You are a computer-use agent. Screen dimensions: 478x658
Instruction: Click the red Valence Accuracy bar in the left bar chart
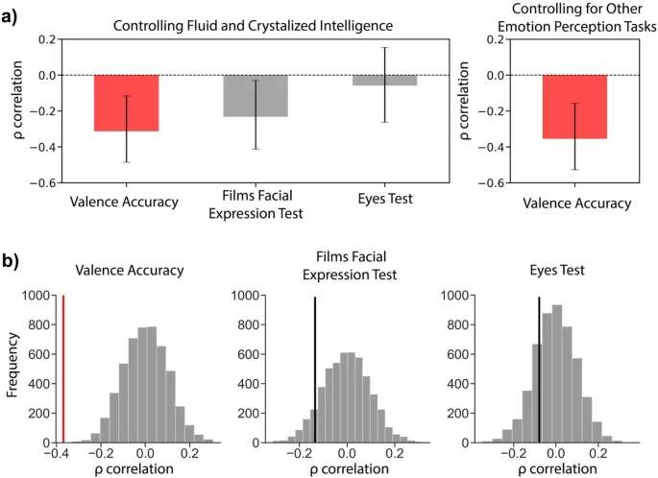pos(126,103)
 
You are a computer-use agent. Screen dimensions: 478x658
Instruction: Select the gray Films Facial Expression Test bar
pos(256,96)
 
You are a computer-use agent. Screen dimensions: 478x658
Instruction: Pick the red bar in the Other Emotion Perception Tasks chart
pos(574,107)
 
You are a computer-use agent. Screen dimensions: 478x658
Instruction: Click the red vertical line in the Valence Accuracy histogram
pos(63,371)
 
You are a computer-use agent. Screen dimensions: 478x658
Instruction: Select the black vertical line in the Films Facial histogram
pos(315,371)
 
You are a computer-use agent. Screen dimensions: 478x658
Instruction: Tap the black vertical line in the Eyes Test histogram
pos(539,371)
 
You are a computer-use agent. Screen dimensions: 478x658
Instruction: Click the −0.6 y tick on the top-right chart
pos(496,182)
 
